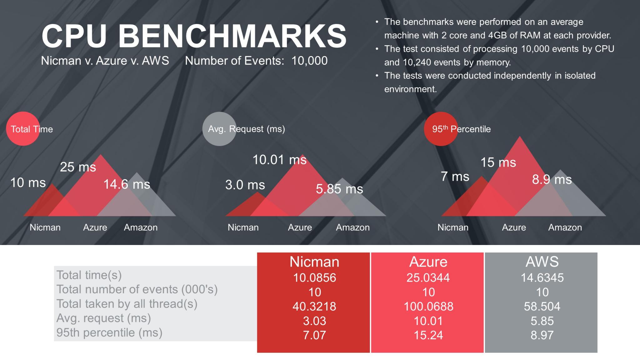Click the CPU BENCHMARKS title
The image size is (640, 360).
(194, 36)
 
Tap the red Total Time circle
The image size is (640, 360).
(23, 129)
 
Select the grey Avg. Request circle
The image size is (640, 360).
(219, 129)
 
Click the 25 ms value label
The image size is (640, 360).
(78, 167)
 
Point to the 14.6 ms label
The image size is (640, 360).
(127, 184)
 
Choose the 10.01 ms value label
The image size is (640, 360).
(279, 160)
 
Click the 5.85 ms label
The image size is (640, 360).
(339, 189)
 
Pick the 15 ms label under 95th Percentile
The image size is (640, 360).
(498, 162)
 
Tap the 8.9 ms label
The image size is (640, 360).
(552, 180)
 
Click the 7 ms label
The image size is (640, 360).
(455, 177)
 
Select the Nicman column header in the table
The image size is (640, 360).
(314, 262)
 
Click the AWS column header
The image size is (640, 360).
(542, 262)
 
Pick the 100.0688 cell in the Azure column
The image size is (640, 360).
(428, 307)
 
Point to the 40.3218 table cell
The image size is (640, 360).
(314, 307)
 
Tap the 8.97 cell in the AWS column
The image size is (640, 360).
(542, 335)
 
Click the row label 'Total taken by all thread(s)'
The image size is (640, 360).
(127, 304)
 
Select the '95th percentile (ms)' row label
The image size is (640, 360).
(109, 333)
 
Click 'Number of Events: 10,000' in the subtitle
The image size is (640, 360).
(256, 61)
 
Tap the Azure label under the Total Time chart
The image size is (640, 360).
(95, 227)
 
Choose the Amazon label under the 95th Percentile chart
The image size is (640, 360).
(565, 227)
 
